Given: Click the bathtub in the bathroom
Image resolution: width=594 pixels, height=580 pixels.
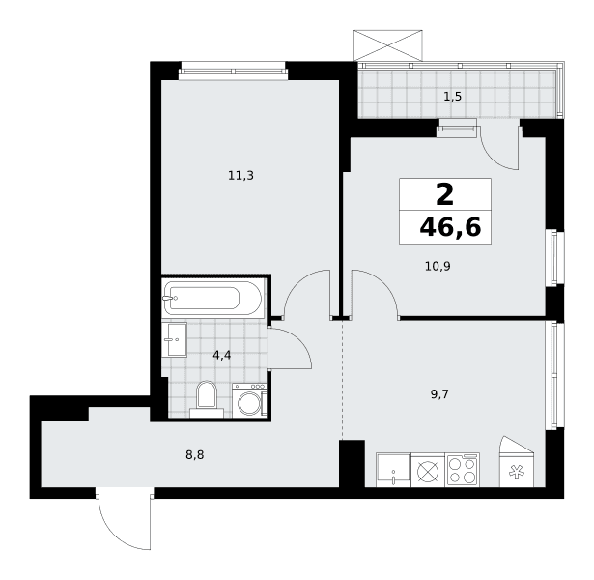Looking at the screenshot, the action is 212,298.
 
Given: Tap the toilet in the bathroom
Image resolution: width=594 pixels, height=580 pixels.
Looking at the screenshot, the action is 207,399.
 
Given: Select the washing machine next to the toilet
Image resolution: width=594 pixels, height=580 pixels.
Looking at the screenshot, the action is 249,401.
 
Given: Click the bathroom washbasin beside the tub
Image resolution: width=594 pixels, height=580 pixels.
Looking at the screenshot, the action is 175,339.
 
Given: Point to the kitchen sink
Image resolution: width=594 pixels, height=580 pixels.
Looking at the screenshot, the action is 393,470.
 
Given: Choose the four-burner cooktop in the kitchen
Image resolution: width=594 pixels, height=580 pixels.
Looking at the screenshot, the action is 463,470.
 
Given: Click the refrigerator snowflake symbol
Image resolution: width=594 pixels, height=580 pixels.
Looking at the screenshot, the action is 517,473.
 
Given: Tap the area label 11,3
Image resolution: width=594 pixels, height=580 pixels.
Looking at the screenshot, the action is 240,176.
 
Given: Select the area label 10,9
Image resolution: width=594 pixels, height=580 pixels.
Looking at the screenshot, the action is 438,267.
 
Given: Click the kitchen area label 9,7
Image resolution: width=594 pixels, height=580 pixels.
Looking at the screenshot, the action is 439,394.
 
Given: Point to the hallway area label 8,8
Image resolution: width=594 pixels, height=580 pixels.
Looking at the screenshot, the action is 195,455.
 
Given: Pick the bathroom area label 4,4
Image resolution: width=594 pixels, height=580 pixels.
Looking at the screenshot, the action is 222,356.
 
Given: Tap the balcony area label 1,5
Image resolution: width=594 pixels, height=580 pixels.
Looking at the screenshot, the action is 453,97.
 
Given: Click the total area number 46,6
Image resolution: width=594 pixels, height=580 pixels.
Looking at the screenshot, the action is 450,227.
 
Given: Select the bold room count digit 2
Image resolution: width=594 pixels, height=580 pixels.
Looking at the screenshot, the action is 444,194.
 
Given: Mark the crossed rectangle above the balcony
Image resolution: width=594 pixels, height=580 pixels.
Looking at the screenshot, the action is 387,45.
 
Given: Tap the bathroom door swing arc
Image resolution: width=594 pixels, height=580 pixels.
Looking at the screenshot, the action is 299,343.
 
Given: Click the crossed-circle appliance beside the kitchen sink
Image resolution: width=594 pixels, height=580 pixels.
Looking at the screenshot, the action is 428,471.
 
